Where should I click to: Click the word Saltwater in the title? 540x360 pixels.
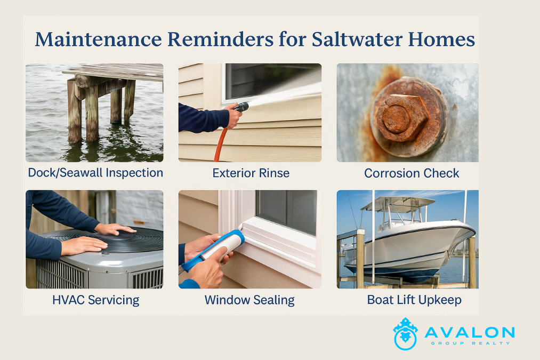tap(357, 39)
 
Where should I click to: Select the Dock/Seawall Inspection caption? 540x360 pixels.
tap(95, 173)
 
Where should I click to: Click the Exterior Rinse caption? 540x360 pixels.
tap(251, 173)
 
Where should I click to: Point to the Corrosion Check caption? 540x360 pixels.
tap(412, 173)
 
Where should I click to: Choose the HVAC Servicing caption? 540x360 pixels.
tap(96, 300)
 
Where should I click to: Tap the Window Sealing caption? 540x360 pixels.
tap(249, 300)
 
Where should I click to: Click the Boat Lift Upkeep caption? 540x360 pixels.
tap(414, 300)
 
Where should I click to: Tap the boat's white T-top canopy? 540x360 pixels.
tap(398, 203)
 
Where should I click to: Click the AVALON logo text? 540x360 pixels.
tap(470, 332)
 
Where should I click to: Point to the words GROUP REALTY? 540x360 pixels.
tap(470, 343)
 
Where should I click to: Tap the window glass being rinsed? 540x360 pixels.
tap(272, 80)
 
